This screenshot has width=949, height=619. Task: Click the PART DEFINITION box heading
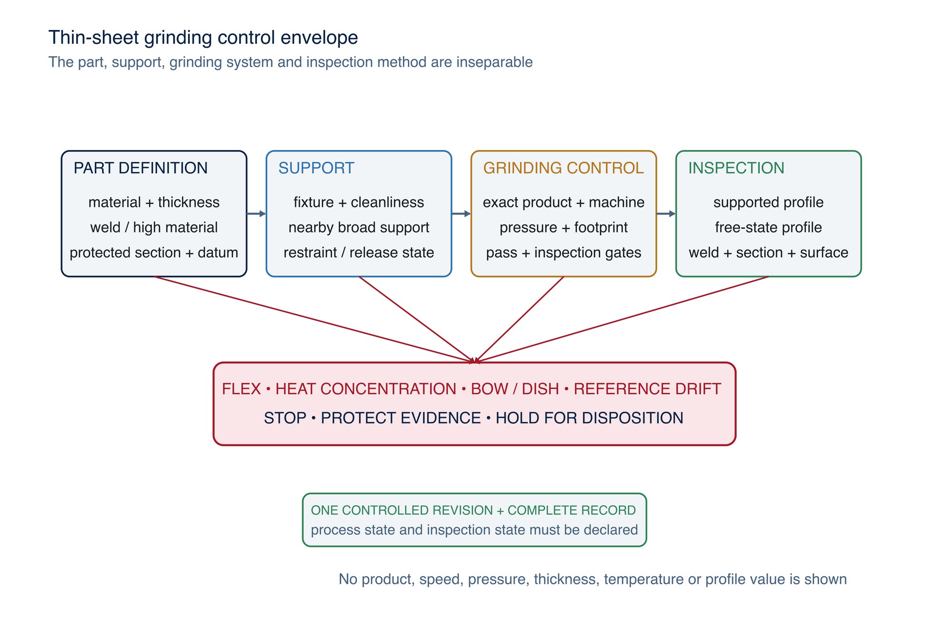point(140,168)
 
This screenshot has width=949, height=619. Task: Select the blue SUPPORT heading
point(316,168)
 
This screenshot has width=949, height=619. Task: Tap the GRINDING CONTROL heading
point(563,168)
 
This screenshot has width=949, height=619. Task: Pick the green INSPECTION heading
point(736,168)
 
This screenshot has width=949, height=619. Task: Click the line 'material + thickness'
point(154,202)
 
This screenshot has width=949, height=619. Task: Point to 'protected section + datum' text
point(154,252)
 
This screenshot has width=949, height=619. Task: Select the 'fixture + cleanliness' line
point(358,202)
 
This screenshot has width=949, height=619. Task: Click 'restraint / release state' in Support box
point(358,252)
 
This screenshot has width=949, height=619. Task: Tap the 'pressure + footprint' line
point(563,228)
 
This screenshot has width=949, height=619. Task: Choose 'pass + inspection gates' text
point(563,252)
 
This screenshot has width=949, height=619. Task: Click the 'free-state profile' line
point(768,228)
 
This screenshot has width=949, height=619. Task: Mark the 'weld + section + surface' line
point(768,252)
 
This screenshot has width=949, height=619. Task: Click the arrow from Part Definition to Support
point(257,214)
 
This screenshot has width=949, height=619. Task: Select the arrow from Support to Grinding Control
point(461,214)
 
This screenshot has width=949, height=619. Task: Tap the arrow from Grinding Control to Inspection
point(666,214)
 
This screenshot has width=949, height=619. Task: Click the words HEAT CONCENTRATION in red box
point(366,389)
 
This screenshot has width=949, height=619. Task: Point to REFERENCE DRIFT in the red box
point(647,389)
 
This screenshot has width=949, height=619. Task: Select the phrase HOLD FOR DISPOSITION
point(589,418)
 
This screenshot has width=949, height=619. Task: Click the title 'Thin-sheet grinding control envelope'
point(203,38)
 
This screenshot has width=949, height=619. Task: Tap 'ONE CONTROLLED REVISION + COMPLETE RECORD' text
point(474,510)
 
